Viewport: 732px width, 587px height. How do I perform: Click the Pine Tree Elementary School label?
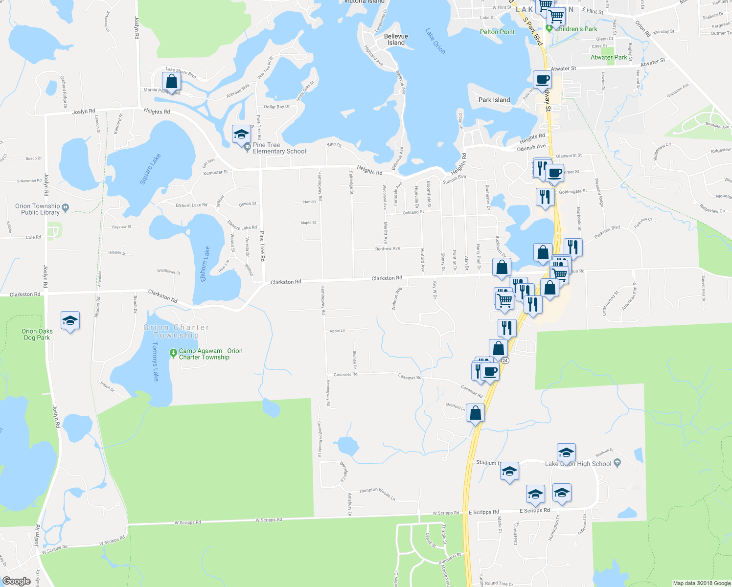tap(279, 148)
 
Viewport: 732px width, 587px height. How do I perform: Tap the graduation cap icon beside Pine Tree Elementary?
tap(241, 134)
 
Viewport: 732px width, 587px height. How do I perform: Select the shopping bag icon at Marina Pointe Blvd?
tap(171, 81)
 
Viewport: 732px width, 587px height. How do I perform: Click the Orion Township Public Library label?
tap(38, 209)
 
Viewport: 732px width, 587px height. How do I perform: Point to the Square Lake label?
tap(150, 169)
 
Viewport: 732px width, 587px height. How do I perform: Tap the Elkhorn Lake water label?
tap(205, 264)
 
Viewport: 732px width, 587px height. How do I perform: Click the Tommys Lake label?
tap(155, 361)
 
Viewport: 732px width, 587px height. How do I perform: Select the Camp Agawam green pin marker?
tap(173, 353)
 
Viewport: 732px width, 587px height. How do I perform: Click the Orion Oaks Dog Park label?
tap(37, 335)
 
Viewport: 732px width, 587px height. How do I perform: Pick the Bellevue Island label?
tap(396, 40)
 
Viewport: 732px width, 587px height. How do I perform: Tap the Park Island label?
tap(494, 100)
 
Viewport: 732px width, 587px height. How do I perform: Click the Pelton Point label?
tap(497, 32)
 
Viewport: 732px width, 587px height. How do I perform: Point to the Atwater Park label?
tap(609, 57)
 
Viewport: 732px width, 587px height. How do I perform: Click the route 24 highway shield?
tap(505, 361)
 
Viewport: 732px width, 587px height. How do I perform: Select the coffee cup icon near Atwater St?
tap(542, 79)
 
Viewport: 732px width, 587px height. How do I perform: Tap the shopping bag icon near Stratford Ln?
tap(475, 413)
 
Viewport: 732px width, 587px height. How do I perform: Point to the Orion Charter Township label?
tap(176, 331)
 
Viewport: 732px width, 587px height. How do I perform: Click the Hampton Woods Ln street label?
tap(377, 493)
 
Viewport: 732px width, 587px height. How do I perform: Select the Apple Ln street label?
tap(337, 331)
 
